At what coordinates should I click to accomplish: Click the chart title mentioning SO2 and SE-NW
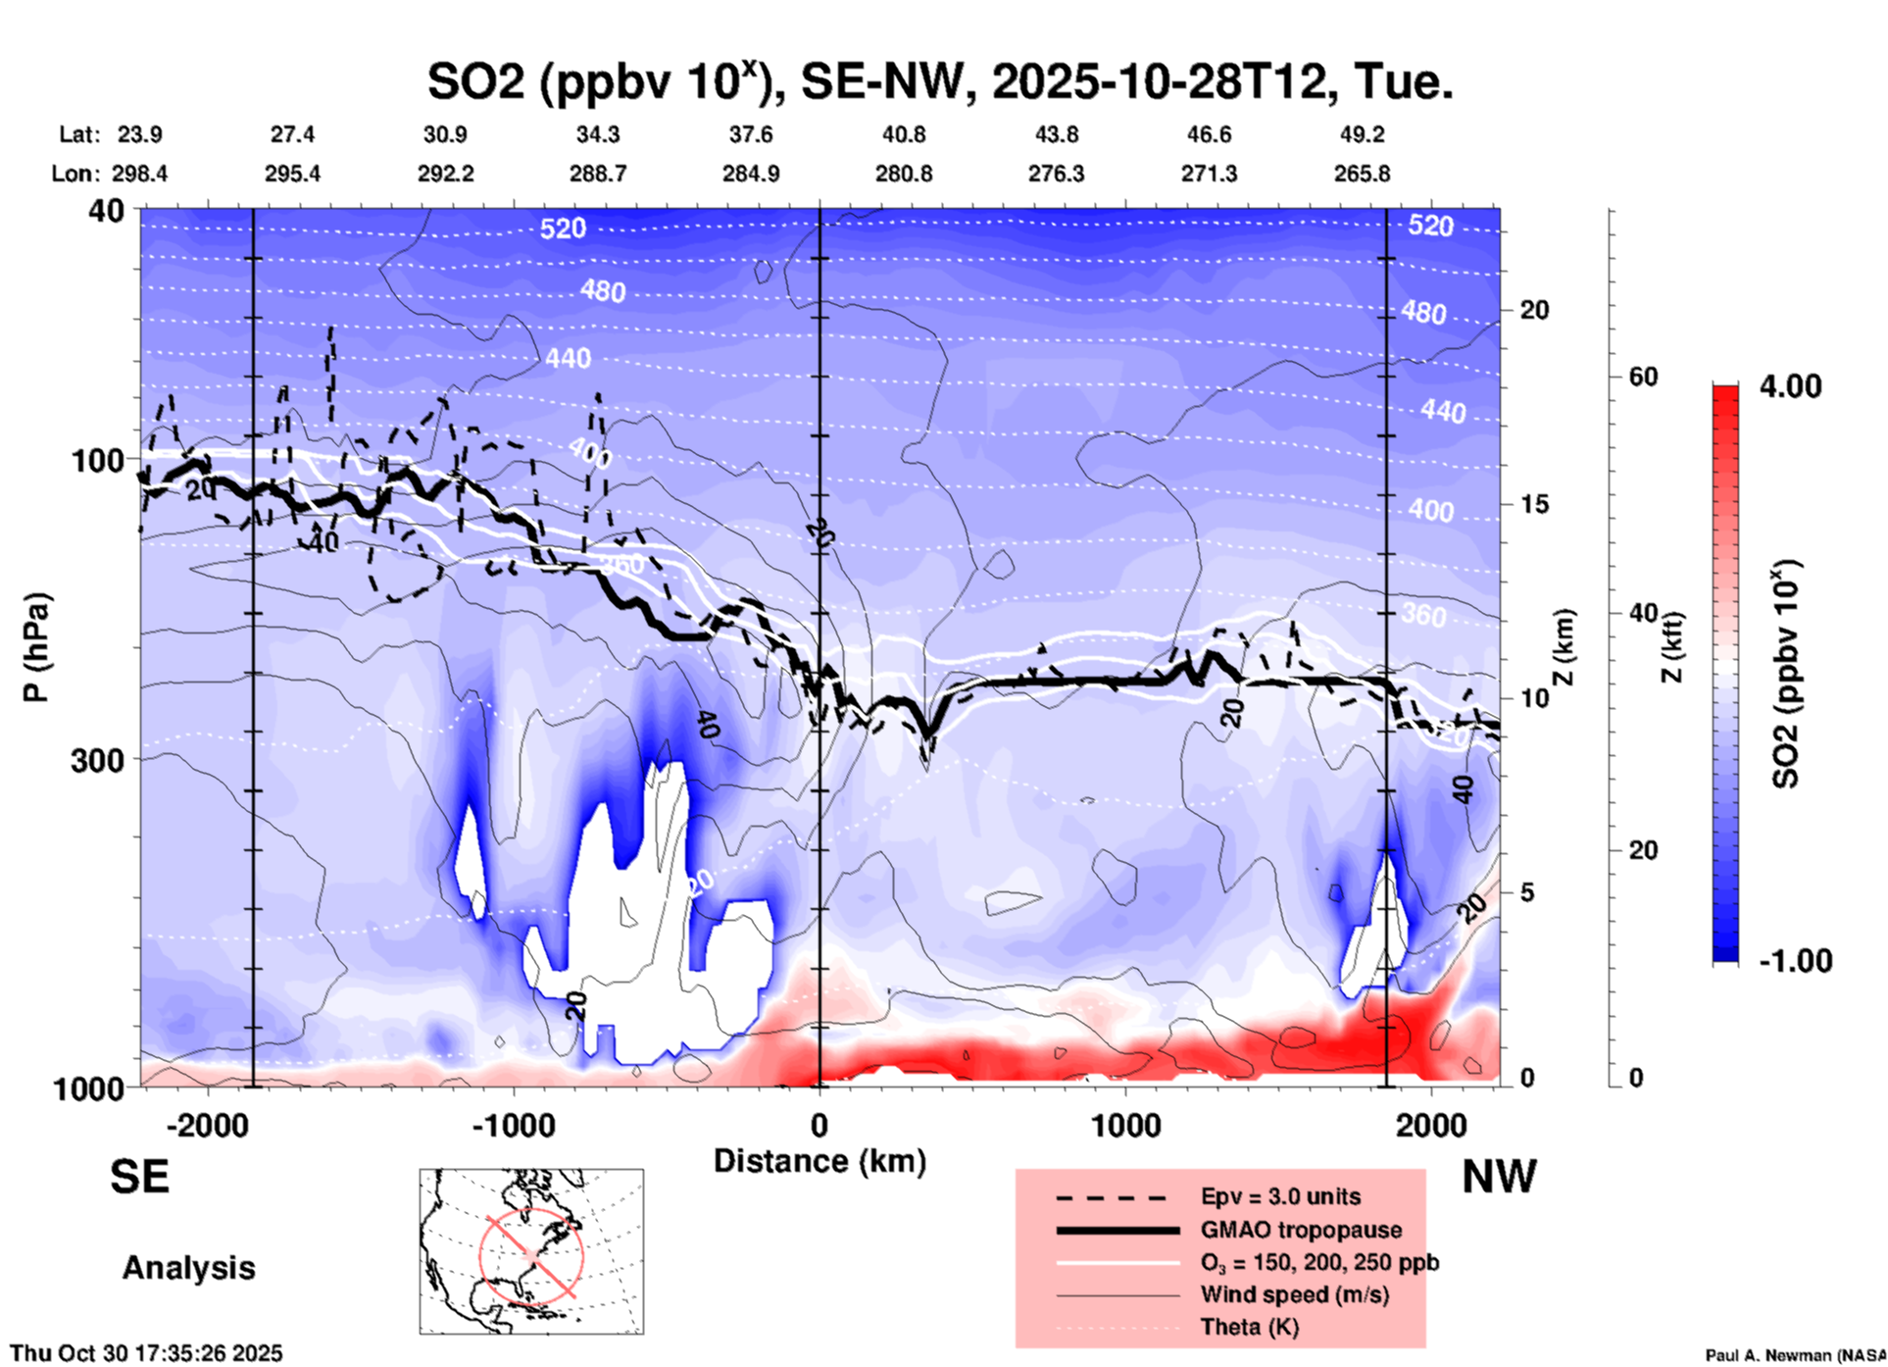pyautogui.click(x=939, y=82)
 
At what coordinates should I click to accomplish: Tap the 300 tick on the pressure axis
pyautogui.click(x=97, y=760)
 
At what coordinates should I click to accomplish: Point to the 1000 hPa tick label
pyautogui.click(x=88, y=1089)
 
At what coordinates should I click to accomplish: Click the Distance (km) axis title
pyautogui.click(x=820, y=1161)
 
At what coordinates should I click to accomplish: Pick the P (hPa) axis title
pyautogui.click(x=37, y=647)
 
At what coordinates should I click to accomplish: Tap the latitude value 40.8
pyautogui.click(x=903, y=134)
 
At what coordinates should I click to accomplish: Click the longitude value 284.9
pyautogui.click(x=751, y=174)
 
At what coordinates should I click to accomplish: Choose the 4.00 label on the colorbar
pyautogui.click(x=1790, y=386)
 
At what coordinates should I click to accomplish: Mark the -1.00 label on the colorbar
pyautogui.click(x=1795, y=961)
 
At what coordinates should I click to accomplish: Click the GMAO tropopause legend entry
pyautogui.click(x=1301, y=1230)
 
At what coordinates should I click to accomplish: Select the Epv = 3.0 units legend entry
pyautogui.click(x=1280, y=1196)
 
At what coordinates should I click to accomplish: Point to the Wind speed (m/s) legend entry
pyautogui.click(x=1294, y=1294)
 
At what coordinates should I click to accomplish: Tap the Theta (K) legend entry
pyautogui.click(x=1249, y=1327)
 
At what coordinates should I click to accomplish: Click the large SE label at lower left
pyautogui.click(x=139, y=1177)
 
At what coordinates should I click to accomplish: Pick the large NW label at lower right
pyautogui.click(x=1499, y=1177)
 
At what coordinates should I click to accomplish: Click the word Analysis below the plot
pyautogui.click(x=188, y=1268)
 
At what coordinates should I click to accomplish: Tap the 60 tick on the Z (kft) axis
pyautogui.click(x=1642, y=377)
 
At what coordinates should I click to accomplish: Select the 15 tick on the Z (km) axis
pyautogui.click(x=1534, y=504)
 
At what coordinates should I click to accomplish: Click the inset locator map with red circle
pyautogui.click(x=531, y=1251)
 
